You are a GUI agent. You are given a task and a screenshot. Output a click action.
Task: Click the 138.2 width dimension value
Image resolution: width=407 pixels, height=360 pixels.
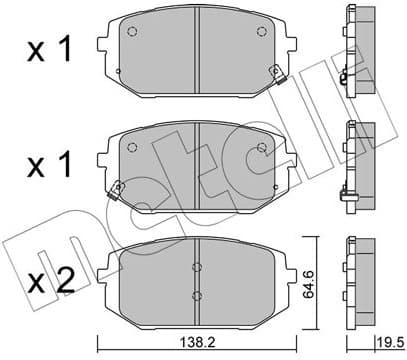(196, 339)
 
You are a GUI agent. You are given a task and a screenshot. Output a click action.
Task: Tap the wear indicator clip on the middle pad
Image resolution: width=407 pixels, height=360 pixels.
(119, 187)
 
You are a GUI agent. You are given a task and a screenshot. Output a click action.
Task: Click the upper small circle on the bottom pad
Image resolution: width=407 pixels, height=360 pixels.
(197, 267)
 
